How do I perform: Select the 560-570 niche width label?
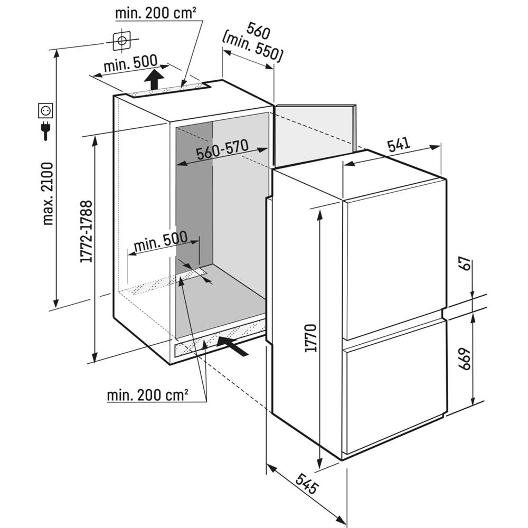(222, 152)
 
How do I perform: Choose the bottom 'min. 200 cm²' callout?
(148, 394)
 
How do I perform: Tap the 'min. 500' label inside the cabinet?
(161, 241)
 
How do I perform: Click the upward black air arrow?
(153, 79)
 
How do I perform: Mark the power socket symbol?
(45, 111)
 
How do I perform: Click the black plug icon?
(45, 130)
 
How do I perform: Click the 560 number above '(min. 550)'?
(258, 32)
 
